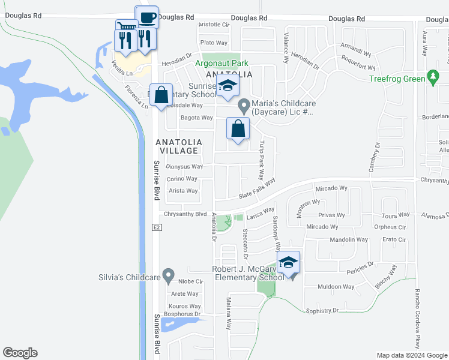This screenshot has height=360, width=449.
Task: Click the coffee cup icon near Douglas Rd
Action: (147, 17)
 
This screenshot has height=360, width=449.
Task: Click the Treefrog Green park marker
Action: (432, 77)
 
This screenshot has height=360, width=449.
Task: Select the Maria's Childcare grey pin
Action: (244, 107)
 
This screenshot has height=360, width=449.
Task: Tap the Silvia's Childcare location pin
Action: (169, 277)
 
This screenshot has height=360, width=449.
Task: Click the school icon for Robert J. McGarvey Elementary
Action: (289, 263)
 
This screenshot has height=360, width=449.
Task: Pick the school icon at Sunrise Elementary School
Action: (228, 86)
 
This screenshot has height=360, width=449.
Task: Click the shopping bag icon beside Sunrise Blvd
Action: (161, 95)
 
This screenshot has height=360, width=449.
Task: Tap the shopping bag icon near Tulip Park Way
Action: (238, 128)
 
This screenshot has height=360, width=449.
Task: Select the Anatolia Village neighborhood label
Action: (179, 146)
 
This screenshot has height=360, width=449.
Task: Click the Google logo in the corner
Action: (20, 353)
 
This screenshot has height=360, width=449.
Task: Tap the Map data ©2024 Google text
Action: (411, 355)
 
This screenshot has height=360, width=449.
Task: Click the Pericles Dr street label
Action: (360, 265)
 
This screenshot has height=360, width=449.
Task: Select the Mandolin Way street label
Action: (349, 239)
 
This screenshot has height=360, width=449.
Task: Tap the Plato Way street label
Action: (214, 43)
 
